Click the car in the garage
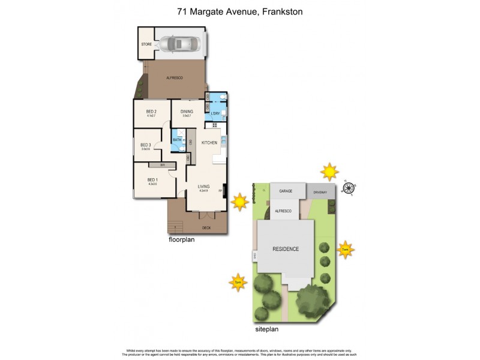tap(178, 44)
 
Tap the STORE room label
tap(146, 44)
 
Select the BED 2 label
tap(151, 112)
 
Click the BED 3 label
tap(145, 145)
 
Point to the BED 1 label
tap(152, 180)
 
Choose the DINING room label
tap(187, 112)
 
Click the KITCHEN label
tap(209, 142)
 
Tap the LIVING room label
tap(204, 187)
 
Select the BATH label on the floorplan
tap(177, 140)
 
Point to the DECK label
tap(206, 228)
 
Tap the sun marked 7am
tap(346, 249)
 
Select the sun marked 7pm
tap(238, 282)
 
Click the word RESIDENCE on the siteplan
tap(286, 249)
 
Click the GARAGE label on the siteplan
tap(286, 192)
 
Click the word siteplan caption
tap(266, 329)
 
